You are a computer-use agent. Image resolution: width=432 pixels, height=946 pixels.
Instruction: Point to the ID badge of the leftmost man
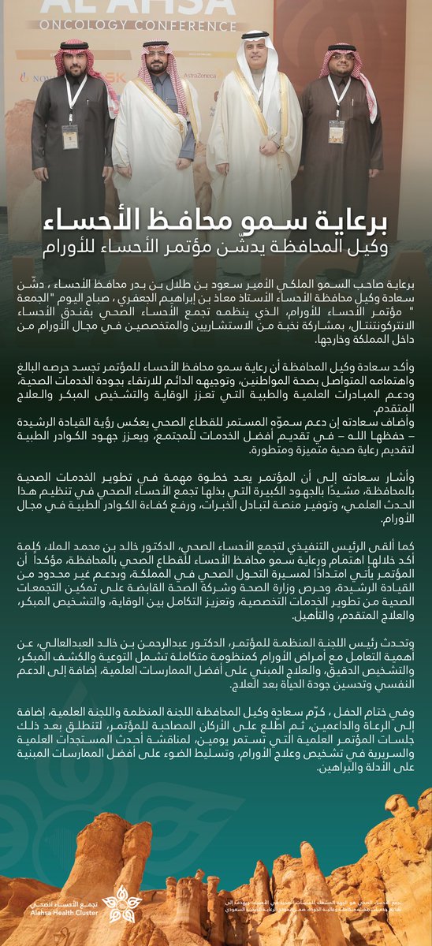click(x=70, y=136)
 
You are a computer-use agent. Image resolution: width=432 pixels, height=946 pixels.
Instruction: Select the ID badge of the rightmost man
click(x=337, y=131)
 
